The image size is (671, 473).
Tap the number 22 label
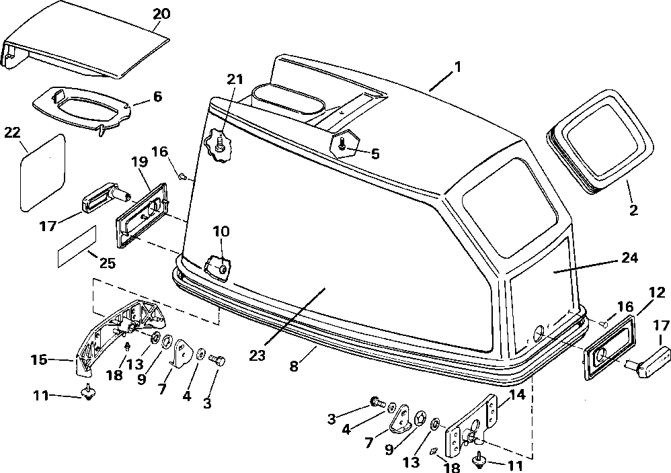click(12, 133)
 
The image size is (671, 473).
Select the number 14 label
click(517, 395)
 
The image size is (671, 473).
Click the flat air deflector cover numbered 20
click(87, 47)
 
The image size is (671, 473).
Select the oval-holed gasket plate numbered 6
click(81, 107)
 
